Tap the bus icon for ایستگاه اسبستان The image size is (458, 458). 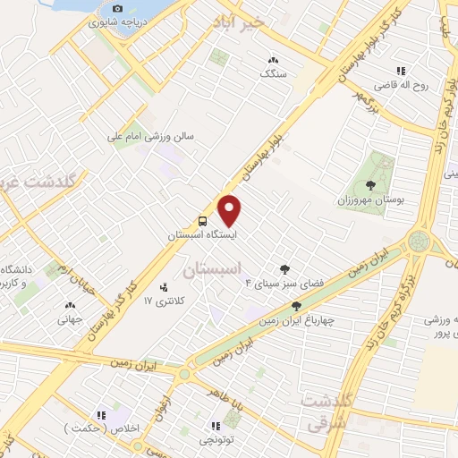[x=203, y=221]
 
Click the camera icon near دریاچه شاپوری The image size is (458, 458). [x=115, y=9]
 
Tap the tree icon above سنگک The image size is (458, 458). [x=272, y=60]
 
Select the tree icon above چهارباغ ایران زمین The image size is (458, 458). [x=296, y=306]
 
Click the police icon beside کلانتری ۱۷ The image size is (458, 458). [x=163, y=287]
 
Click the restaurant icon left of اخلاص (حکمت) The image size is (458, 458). [x=101, y=414]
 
